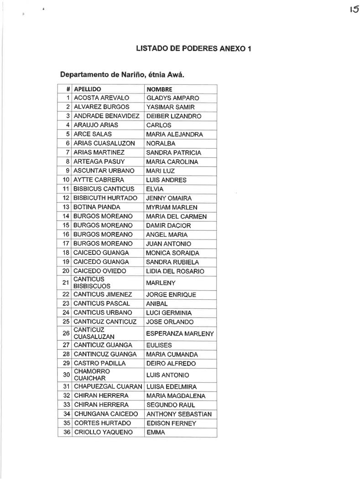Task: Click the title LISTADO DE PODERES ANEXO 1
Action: (193, 48)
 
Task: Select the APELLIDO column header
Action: (87, 89)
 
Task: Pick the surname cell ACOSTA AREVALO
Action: (101, 98)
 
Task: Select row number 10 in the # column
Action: (66, 180)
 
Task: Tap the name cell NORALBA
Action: (161, 143)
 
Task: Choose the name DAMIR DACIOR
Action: (168, 225)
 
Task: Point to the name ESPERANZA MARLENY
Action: (180, 333)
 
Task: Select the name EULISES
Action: (159, 345)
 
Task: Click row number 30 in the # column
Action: (66, 375)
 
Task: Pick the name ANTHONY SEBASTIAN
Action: (179, 414)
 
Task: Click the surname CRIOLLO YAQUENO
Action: (103, 432)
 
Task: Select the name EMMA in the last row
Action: (155, 432)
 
